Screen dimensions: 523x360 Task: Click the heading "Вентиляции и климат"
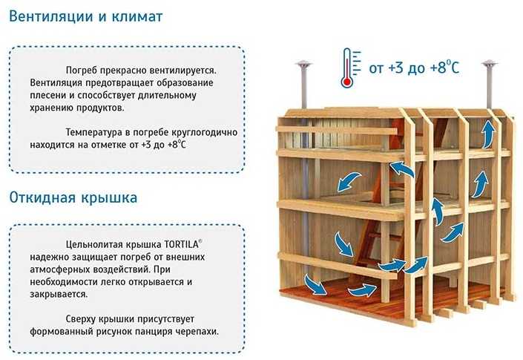pyautogui.click(x=86, y=16)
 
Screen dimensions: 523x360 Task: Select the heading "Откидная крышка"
pyautogui.click(x=73, y=197)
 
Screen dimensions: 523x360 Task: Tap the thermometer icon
pyautogui.click(x=350, y=68)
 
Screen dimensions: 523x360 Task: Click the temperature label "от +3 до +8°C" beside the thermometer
pyautogui.click(x=414, y=68)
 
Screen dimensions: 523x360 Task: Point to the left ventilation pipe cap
pyautogui.click(x=303, y=64)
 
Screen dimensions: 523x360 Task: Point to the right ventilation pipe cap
pyautogui.click(x=490, y=64)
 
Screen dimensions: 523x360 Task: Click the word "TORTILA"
pyautogui.click(x=181, y=244)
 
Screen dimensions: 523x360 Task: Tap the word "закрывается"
pyautogui.click(x=58, y=295)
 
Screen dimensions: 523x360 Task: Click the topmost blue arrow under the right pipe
pyautogui.click(x=489, y=134)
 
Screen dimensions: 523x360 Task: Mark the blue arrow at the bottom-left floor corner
pyautogui.click(x=315, y=284)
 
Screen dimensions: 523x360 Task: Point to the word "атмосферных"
pyautogui.click(x=56, y=269)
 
